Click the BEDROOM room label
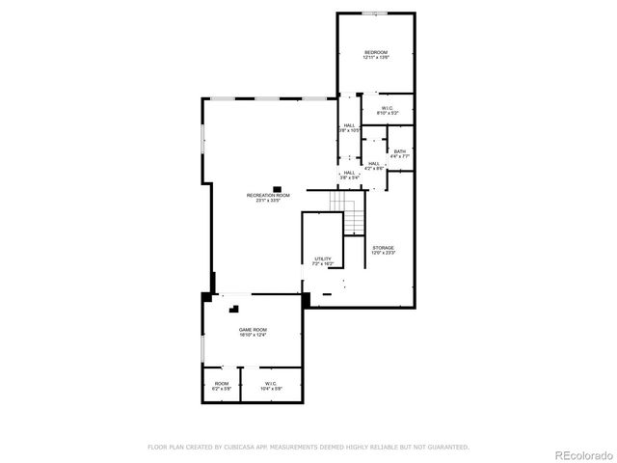pyautogui.click(x=375, y=51)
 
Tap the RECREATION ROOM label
pyautogui.click(x=268, y=195)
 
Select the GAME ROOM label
pyautogui.click(x=253, y=331)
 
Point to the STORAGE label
pyautogui.click(x=384, y=248)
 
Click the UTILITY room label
pyautogui.click(x=322, y=259)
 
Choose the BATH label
pyautogui.click(x=400, y=151)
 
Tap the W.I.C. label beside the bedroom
pyautogui.click(x=387, y=108)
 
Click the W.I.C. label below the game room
pyautogui.click(x=270, y=384)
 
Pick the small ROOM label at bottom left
pyautogui.click(x=222, y=384)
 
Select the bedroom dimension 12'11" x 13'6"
pyautogui.click(x=375, y=58)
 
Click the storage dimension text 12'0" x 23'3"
pyautogui.click(x=384, y=254)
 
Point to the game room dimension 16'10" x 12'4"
pyautogui.click(x=253, y=337)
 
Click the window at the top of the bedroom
pyautogui.click(x=375, y=14)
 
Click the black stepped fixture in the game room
pyautogui.click(x=233, y=310)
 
